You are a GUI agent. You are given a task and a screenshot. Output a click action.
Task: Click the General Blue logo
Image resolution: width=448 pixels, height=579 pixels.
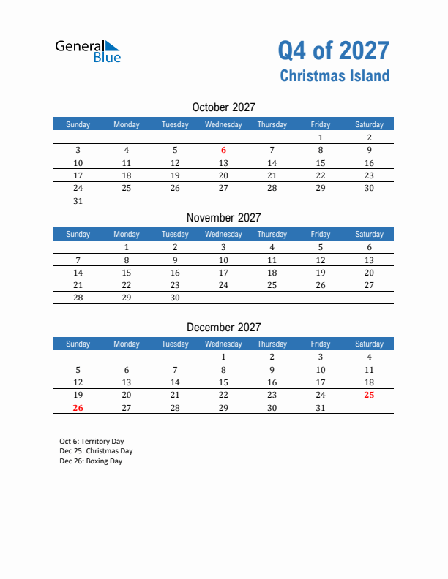pyautogui.click(x=88, y=51)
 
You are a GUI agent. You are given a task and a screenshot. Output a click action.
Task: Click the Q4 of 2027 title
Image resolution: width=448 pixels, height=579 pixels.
pyautogui.click(x=333, y=50)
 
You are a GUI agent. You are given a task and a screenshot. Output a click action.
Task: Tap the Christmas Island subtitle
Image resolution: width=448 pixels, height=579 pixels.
pyautogui.click(x=335, y=76)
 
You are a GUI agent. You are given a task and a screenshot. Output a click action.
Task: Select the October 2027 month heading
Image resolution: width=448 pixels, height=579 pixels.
pyautogui.click(x=223, y=107)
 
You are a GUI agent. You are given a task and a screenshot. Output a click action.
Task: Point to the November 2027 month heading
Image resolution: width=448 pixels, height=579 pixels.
pyautogui.click(x=223, y=217)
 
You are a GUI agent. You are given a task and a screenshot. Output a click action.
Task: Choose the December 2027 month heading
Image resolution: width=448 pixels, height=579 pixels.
pyautogui.click(x=223, y=327)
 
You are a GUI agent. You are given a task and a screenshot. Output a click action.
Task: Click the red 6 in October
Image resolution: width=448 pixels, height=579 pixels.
pyautogui.click(x=223, y=151)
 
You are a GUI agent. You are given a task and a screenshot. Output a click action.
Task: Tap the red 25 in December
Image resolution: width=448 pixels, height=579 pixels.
pyautogui.click(x=369, y=396)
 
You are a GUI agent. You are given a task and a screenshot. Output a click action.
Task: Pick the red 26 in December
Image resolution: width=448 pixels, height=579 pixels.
pyautogui.click(x=78, y=409)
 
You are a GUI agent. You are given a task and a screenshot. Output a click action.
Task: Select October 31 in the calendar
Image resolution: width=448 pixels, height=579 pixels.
pyautogui.click(x=78, y=202)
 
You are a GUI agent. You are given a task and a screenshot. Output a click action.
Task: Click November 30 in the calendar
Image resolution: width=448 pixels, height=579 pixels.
pyautogui.click(x=175, y=298)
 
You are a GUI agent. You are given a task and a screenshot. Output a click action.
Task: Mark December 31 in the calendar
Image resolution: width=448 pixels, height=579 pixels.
pyautogui.click(x=320, y=409)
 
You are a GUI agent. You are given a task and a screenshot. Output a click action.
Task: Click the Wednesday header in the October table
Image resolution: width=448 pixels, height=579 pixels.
pyautogui.click(x=223, y=124)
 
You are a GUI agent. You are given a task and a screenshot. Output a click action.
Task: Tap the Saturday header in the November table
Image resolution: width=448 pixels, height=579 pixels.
pyautogui.click(x=369, y=234)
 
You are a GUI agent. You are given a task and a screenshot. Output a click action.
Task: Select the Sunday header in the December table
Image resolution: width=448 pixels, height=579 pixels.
pyautogui.click(x=78, y=344)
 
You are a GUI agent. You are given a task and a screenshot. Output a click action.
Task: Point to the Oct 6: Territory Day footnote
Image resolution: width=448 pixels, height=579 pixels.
pyautogui.click(x=92, y=442)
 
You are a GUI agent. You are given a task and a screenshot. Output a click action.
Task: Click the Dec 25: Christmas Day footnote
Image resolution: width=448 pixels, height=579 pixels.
pyautogui.click(x=96, y=451)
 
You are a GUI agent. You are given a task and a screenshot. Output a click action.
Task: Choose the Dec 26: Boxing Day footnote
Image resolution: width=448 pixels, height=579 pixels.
pyautogui.click(x=91, y=461)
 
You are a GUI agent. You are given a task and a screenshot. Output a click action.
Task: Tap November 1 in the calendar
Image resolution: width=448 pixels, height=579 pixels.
pyautogui.click(x=127, y=247)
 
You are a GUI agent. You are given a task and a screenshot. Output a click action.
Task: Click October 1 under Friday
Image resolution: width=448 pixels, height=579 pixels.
pyautogui.click(x=320, y=137)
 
